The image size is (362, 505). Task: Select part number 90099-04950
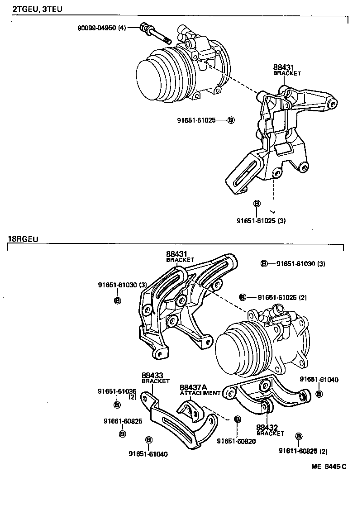pyautogui.click(x=97, y=28)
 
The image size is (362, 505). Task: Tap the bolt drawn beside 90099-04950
pyautogui.click(x=156, y=34)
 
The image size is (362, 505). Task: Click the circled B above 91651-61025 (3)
pyautogui.click(x=257, y=203)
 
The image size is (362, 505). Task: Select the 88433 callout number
pyautogui.click(x=152, y=375)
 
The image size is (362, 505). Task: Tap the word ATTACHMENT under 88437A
pyautogui.click(x=200, y=393)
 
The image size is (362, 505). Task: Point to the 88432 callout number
pyautogui.click(x=267, y=427)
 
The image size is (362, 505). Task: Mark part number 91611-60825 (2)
pyautogui.click(x=303, y=451)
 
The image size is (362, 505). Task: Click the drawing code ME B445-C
pyautogui.click(x=328, y=466)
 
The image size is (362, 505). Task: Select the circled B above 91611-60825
pyautogui.click(x=299, y=436)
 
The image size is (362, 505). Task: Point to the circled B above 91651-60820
pyautogui.click(x=237, y=419)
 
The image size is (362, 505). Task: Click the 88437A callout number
pyautogui.click(x=193, y=387)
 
